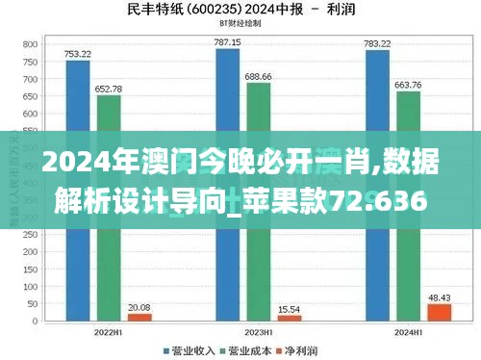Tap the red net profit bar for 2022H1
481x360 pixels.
pos(139,316)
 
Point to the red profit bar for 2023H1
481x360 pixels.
pos(290,317)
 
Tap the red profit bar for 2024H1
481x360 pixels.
pos(439,311)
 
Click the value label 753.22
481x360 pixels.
pos(78,54)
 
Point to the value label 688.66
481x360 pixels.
pos(259,75)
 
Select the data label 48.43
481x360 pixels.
pos(440,296)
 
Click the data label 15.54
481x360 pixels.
pos(290,308)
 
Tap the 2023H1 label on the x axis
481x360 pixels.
pos(259,333)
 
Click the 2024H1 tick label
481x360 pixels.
pos(408,333)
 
